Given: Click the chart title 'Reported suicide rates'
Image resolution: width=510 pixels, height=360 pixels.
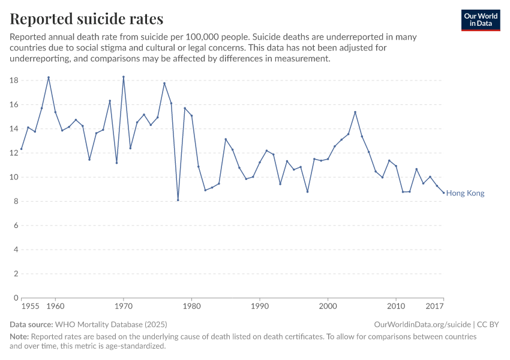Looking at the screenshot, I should (86, 19).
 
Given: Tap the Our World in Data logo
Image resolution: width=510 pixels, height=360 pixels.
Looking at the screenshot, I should (480, 20).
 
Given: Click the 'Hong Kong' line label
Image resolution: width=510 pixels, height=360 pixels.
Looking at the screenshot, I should (465, 193).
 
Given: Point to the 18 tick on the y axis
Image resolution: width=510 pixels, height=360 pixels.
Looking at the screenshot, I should (15, 80).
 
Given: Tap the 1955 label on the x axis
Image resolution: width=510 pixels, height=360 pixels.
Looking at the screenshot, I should (30, 307).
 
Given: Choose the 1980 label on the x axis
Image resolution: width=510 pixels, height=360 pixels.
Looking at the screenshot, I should (191, 307).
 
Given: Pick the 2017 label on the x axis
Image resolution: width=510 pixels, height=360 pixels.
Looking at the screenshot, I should (434, 307).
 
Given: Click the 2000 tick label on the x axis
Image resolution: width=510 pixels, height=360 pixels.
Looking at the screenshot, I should (328, 307).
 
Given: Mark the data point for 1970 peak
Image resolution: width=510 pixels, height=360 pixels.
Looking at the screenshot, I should (124, 77).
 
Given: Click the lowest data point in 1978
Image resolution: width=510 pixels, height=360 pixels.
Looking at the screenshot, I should (178, 200).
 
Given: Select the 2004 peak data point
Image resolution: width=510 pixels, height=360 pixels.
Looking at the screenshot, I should (355, 112).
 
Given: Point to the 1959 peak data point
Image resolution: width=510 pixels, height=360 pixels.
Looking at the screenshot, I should (49, 77).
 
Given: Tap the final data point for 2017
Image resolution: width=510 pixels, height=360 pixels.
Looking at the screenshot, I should (443, 193).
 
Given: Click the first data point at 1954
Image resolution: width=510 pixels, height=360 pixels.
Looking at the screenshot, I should (22, 149).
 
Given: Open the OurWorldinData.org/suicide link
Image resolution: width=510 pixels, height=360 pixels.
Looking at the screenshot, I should (422, 325).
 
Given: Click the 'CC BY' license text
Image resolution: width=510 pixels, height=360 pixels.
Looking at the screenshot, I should (488, 325).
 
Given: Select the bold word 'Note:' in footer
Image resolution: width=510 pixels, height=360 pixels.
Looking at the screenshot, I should (19, 337).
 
